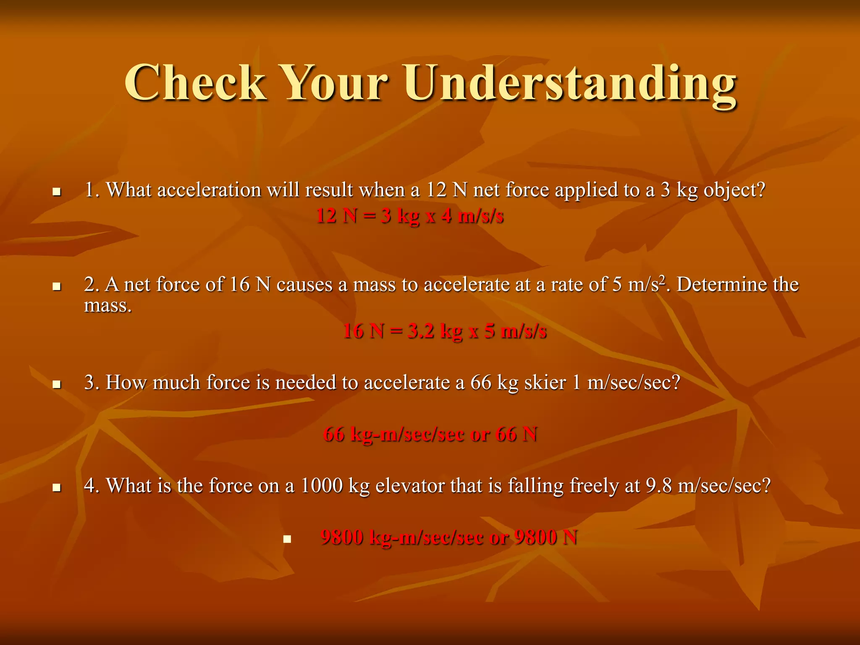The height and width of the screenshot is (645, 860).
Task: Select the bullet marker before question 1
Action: [x=57, y=192]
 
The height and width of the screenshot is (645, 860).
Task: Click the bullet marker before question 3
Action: [x=57, y=385]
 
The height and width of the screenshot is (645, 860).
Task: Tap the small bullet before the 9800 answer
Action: [x=287, y=539]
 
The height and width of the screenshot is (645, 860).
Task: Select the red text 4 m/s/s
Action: [x=472, y=216]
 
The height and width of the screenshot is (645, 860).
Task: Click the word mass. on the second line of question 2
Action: [x=108, y=305]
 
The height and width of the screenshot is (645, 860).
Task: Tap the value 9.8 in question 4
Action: [x=658, y=486]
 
